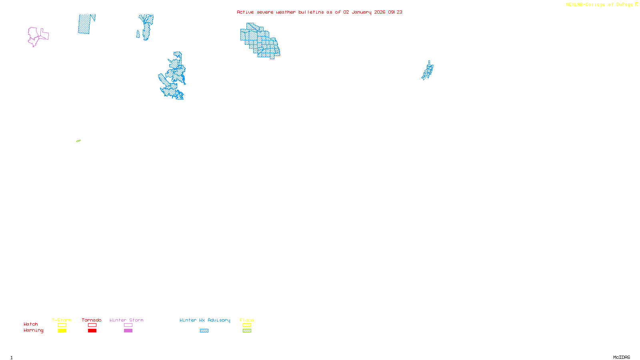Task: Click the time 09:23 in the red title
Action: [395, 12]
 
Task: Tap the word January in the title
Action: [361, 12]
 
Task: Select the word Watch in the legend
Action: [30, 324]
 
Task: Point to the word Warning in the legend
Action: [33, 330]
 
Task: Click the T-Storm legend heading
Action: [62, 320]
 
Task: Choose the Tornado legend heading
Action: [92, 320]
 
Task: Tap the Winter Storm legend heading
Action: [126, 320]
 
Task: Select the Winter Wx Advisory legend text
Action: [205, 320]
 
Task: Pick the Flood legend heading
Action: [247, 320]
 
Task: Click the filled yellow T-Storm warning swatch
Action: [62, 331]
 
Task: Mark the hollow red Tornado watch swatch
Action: [92, 325]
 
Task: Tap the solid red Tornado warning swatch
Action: [92, 331]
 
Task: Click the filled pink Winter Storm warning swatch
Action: [128, 331]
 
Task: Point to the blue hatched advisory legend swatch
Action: [204, 331]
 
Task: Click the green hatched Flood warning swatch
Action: [247, 331]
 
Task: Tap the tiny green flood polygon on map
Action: [78, 141]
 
